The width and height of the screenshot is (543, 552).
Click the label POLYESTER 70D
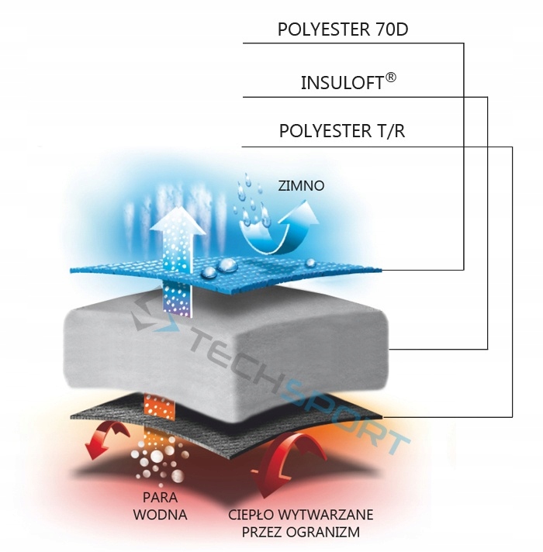[x=343, y=30]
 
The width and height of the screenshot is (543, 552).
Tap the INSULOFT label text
[x=342, y=83]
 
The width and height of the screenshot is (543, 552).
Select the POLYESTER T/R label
[x=342, y=131]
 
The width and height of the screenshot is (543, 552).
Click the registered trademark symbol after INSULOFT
[x=391, y=78]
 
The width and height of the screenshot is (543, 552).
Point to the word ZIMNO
[x=301, y=186]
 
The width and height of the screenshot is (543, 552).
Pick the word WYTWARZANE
[x=335, y=515]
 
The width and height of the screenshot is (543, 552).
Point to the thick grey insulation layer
[x=233, y=349]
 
